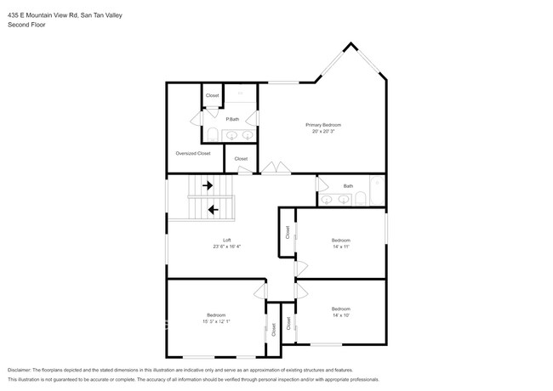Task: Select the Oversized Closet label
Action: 192,153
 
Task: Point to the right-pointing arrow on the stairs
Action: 207,184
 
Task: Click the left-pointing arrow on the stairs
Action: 212,208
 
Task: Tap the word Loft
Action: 227,241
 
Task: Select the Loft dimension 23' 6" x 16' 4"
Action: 227,247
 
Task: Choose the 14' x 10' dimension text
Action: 340,315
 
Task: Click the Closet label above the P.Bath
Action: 213,95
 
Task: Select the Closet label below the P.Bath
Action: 241,158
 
